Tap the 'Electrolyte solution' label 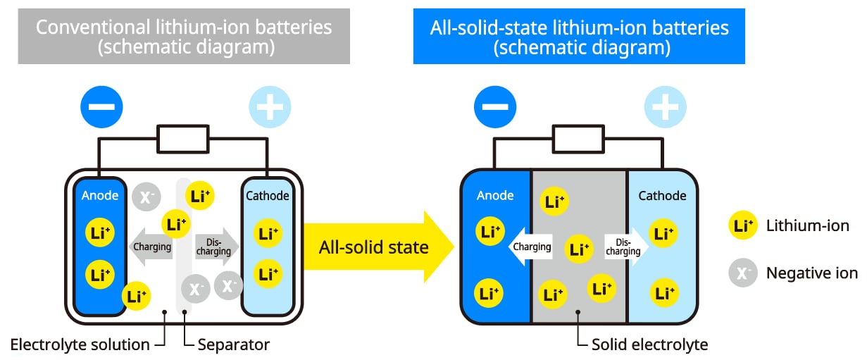pyautogui.click(x=80, y=345)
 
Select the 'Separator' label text pyautogui.click(x=233, y=345)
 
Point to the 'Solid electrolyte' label pyautogui.click(x=649, y=345)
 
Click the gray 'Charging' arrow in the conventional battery pyautogui.click(x=150, y=247)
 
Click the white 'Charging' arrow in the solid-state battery pyautogui.click(x=530, y=247)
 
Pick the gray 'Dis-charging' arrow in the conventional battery pyautogui.click(x=215, y=247)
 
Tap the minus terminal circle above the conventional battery pyautogui.click(x=101, y=108)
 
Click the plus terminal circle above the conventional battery pyautogui.click(x=270, y=108)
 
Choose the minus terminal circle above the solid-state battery pyautogui.click(x=495, y=108)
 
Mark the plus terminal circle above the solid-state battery pyautogui.click(x=664, y=108)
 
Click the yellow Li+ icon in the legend pyautogui.click(x=743, y=226)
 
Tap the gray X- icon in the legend pyautogui.click(x=743, y=273)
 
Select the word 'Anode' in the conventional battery pyautogui.click(x=100, y=196)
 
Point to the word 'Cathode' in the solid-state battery pyautogui.click(x=662, y=196)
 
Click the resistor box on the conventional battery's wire pyautogui.click(x=183, y=139)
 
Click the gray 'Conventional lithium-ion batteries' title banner pyautogui.click(x=184, y=37)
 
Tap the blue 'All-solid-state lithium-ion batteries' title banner pyautogui.click(x=579, y=37)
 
